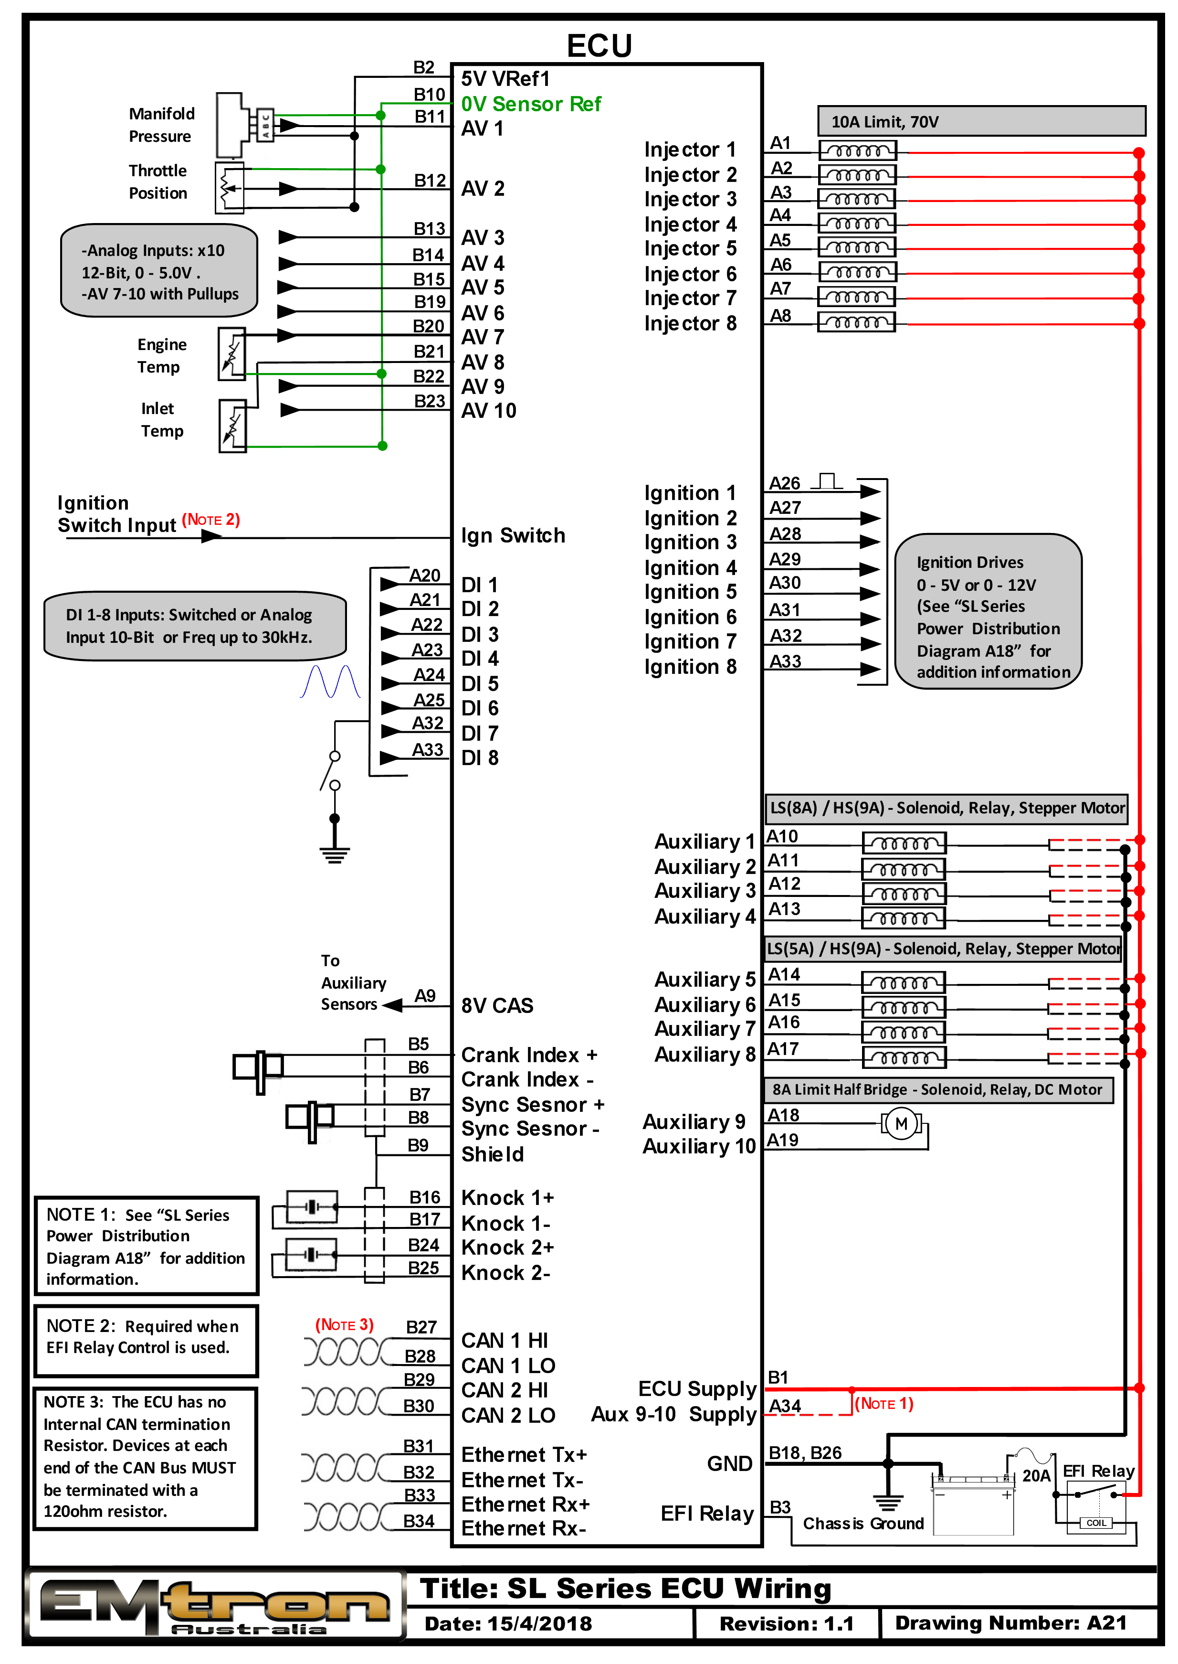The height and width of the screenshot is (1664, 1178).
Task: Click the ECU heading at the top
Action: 599,46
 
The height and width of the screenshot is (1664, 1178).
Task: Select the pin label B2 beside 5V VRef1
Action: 424,67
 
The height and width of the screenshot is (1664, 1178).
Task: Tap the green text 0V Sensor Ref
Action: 530,104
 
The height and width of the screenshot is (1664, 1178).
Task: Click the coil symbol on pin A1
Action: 857,151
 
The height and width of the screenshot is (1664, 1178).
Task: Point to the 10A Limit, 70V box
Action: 981,121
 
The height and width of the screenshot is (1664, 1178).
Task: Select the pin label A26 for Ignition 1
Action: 784,483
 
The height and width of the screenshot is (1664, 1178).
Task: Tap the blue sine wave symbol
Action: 330,682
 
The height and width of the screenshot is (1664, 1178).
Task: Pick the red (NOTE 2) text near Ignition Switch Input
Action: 210,520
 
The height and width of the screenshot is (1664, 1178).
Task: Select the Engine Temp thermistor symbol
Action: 232,354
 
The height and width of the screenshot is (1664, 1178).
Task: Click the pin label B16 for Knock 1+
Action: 424,1197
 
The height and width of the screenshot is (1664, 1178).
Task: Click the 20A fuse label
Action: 1036,1475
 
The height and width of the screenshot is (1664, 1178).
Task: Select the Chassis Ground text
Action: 863,1523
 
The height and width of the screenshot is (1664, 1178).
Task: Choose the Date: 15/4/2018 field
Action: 508,1623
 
